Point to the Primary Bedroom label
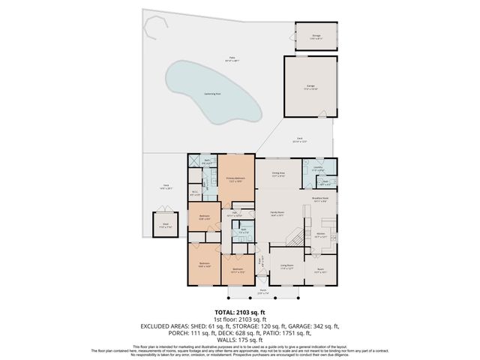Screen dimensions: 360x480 point(235,180)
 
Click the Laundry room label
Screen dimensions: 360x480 point(317,169)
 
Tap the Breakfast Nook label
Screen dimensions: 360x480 point(321,199)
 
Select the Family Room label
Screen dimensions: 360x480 point(275,213)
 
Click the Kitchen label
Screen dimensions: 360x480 point(320,235)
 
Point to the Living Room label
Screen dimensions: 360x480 point(286,266)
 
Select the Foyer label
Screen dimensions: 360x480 point(261,262)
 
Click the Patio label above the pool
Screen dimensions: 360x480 point(222,58)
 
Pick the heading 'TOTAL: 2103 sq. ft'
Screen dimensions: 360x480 point(240,311)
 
